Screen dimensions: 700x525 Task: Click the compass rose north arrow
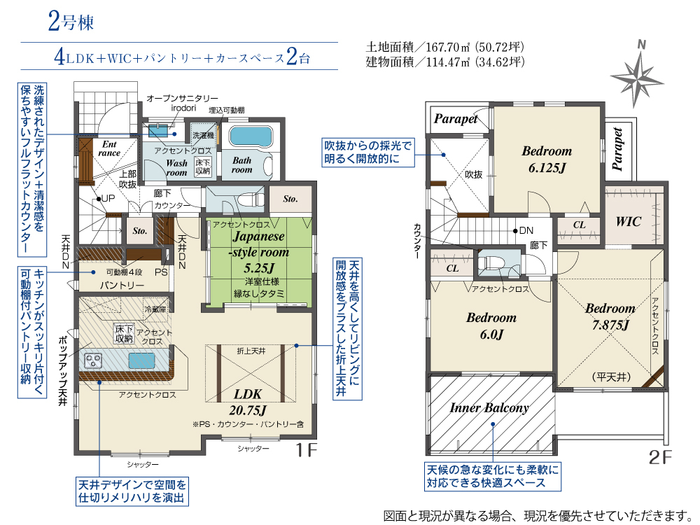637,75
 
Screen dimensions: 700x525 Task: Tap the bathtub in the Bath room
251,136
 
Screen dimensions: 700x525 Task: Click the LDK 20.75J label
248,402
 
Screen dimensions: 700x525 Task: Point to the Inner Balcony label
489,407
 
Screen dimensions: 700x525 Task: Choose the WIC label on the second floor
628,221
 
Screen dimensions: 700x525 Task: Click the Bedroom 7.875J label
610,316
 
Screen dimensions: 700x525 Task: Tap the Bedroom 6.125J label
547,160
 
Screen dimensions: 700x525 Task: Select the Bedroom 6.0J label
491,325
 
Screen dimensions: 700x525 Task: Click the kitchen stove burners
93,360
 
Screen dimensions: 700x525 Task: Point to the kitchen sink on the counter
141,360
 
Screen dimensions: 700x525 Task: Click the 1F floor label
307,449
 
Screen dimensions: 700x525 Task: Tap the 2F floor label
660,457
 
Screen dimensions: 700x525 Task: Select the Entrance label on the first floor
109,148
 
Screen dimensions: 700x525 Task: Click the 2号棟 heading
71,22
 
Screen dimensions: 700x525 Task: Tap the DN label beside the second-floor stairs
526,230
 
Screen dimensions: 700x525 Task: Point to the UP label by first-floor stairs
108,199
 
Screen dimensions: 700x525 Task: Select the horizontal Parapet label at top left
456,119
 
